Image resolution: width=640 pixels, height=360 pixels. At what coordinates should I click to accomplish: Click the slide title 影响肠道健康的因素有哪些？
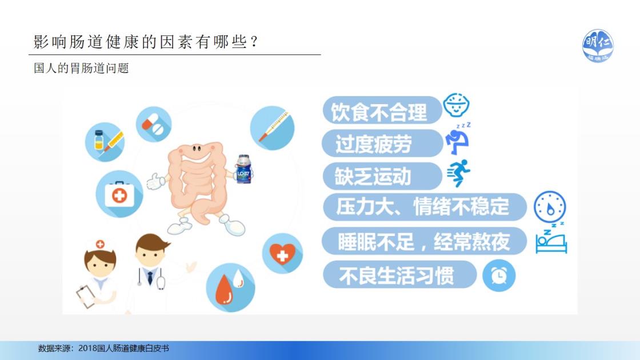tap(146, 42)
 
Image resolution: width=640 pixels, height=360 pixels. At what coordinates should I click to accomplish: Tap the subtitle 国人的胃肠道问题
tap(81, 68)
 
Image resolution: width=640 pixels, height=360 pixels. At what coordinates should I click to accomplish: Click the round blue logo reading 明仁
tap(598, 46)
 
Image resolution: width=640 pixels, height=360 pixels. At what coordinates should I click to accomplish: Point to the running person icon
tap(459, 173)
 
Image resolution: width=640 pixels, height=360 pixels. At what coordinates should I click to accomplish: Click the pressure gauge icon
tap(550, 207)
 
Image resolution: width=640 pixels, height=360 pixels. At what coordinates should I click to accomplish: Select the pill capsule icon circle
tap(154, 124)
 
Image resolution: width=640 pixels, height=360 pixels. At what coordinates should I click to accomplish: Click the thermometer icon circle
tap(272, 128)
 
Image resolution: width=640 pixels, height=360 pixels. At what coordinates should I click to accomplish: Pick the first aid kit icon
tap(119, 194)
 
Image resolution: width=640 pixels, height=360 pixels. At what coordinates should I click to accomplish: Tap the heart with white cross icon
tap(282, 254)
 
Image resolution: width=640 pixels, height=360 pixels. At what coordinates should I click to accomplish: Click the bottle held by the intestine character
tap(243, 169)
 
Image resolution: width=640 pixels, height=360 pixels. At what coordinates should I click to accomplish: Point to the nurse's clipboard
tap(86, 297)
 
